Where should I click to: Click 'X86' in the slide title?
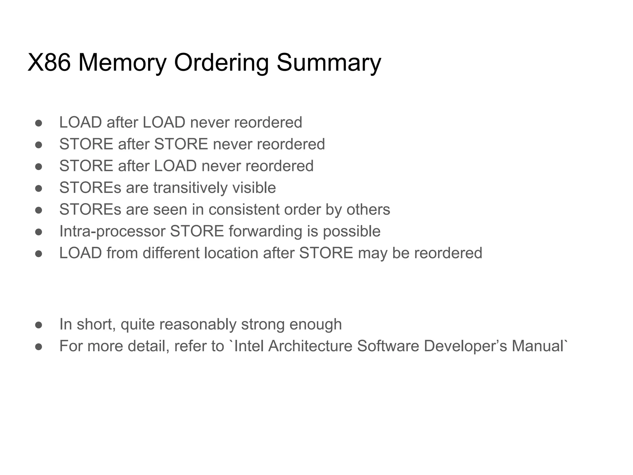(x=49, y=63)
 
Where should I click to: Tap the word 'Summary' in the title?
(x=329, y=63)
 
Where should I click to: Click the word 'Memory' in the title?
(x=122, y=63)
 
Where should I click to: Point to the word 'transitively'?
(x=190, y=188)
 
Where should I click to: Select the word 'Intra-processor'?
(x=112, y=231)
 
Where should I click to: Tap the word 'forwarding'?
(x=265, y=231)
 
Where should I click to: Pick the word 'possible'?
(x=351, y=231)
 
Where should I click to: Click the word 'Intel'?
(x=249, y=346)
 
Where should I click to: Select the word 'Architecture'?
(x=310, y=346)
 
